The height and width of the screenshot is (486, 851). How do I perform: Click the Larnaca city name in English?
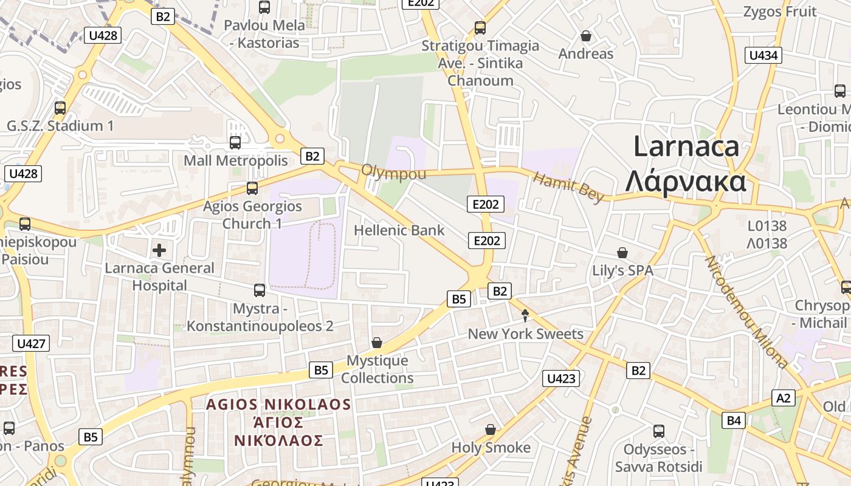pos(686,147)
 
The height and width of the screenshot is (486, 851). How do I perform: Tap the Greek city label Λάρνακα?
pos(686,181)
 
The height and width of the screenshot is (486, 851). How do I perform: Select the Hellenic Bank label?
pos(399,230)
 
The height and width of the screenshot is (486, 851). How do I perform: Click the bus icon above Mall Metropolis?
pos(235,143)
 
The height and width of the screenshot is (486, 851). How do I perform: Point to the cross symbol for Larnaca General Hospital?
pos(159,250)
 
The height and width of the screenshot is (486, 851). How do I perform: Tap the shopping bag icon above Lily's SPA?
pos(622,252)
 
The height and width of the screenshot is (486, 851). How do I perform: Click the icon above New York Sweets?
pos(525,315)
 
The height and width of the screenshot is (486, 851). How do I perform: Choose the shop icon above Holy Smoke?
pos(491,430)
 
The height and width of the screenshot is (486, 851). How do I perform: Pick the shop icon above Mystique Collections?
pos(377,343)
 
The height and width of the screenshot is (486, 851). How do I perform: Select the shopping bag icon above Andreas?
pos(586,36)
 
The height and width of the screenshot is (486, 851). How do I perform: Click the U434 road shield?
pos(763,55)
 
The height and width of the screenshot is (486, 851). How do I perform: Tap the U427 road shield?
pos(31,343)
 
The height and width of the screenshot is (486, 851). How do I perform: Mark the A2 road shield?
pos(784,398)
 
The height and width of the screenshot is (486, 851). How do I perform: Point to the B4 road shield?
pos(734,420)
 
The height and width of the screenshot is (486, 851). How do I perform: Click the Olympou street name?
pos(393,172)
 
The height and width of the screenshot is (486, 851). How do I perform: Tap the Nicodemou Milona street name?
pos(746,312)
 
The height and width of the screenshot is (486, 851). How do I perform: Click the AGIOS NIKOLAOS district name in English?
pos(278,405)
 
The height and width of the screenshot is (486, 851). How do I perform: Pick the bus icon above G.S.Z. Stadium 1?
pos(60,108)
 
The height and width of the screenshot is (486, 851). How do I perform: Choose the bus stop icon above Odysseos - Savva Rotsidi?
pos(659,431)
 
